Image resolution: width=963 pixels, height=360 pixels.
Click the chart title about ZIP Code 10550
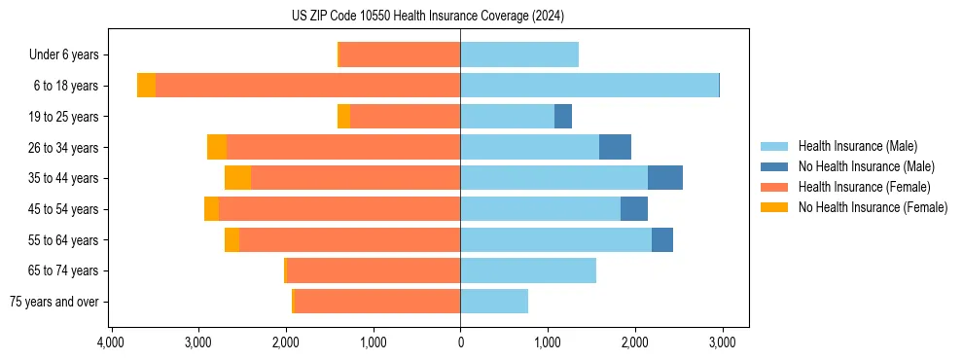427,16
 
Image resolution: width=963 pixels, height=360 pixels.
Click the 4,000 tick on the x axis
111,342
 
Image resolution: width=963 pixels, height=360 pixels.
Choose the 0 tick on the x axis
460,342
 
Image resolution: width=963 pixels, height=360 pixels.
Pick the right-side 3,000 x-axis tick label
721,342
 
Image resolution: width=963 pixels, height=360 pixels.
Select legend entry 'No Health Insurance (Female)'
873,207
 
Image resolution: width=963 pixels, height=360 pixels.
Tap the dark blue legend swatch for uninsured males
775,166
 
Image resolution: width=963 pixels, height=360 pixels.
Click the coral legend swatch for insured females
775,187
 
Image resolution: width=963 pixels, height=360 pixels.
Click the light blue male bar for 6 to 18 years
589,86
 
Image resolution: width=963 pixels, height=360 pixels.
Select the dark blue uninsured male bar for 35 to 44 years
665,178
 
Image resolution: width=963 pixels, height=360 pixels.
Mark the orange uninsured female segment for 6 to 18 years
146,86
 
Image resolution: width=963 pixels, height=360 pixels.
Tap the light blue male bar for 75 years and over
494,302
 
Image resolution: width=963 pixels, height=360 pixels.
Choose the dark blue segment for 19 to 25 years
563,117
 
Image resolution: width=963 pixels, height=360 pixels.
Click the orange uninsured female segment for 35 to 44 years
237,178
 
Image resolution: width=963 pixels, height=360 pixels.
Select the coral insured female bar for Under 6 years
400,55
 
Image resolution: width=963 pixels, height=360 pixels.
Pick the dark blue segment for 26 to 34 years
615,147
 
